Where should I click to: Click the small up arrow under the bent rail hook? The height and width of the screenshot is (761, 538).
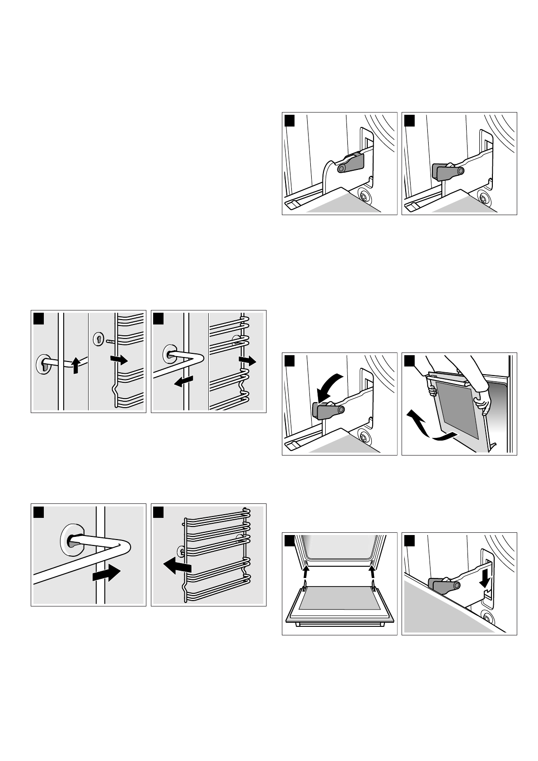(x=76, y=365)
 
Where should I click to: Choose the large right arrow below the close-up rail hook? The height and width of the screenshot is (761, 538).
(x=106, y=574)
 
